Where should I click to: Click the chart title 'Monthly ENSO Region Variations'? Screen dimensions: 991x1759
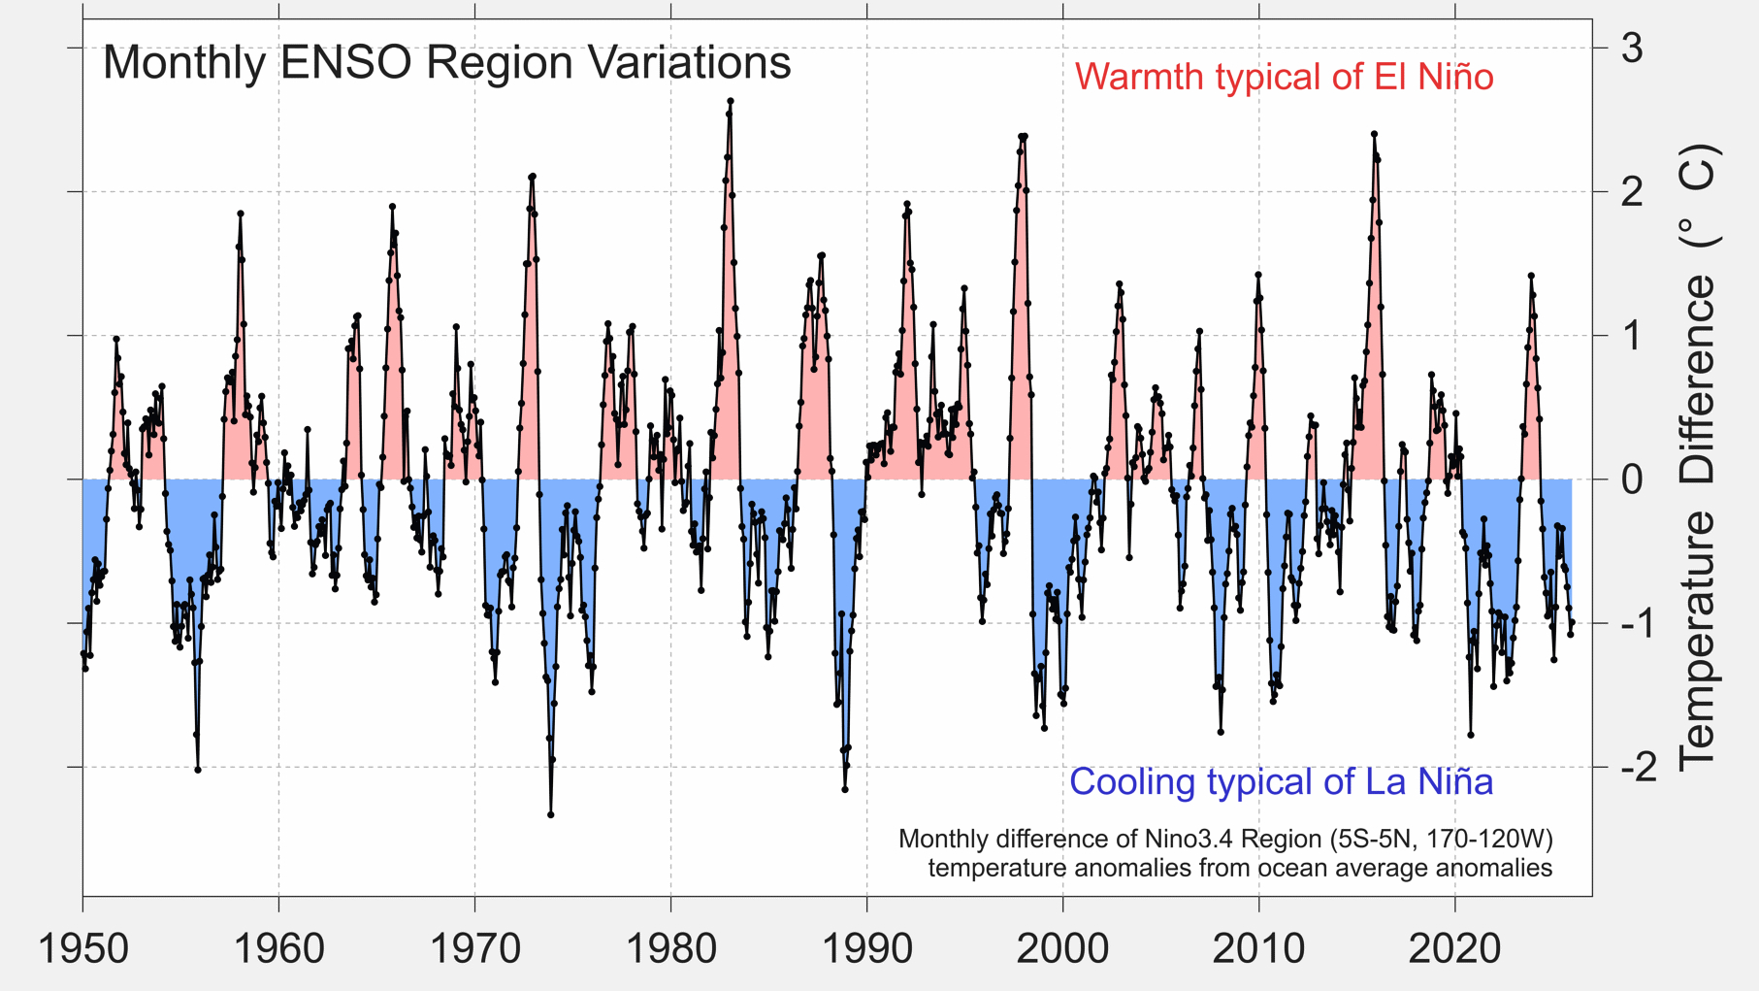coord(446,63)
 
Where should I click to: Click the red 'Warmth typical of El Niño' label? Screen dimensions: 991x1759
coord(1283,77)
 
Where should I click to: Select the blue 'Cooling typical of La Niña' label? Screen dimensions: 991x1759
coord(1280,781)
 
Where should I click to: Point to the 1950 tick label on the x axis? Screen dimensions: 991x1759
coord(83,948)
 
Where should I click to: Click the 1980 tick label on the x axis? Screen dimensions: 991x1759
coord(670,948)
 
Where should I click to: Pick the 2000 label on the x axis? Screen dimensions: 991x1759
coord(1062,948)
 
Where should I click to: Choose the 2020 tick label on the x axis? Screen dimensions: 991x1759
coord(1454,948)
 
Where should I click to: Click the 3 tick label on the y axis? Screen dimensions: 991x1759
coord(1632,48)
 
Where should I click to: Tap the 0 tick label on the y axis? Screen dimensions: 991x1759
coord(1632,479)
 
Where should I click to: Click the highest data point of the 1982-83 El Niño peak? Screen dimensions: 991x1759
coord(731,101)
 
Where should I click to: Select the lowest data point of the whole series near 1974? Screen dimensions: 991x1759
coord(551,814)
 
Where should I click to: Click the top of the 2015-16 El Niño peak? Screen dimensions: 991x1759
coord(1374,134)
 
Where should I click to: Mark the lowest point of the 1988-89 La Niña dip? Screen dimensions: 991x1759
coord(845,789)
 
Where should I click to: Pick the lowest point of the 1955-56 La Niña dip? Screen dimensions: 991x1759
coord(198,770)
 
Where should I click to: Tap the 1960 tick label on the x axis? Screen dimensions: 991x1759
coord(279,948)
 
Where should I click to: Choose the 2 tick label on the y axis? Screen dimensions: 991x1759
coord(1632,191)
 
